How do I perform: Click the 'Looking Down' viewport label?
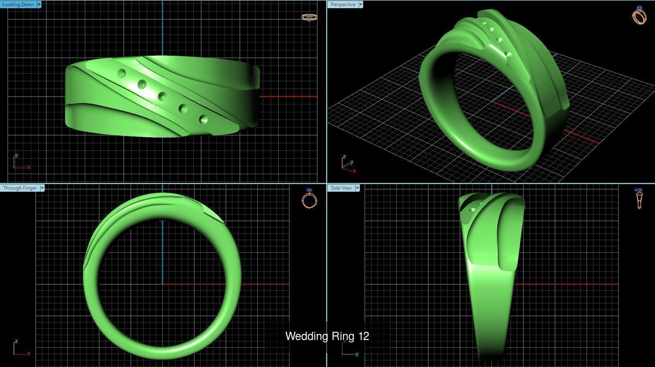click(x=18, y=5)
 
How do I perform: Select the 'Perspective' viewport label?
click(x=343, y=5)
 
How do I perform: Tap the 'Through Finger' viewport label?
click(x=20, y=188)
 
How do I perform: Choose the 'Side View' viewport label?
click(x=341, y=188)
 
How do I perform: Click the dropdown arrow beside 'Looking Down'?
click(x=39, y=5)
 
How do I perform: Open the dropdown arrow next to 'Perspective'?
click(x=361, y=5)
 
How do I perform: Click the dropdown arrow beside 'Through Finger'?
click(x=42, y=188)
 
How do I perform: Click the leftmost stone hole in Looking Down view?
click(x=121, y=74)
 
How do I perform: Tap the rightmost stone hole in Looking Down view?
click(x=203, y=120)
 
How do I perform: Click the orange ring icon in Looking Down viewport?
click(x=309, y=17)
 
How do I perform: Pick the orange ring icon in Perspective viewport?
click(x=639, y=16)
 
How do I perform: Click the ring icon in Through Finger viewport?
click(x=309, y=199)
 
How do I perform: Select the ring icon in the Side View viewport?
click(x=639, y=199)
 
